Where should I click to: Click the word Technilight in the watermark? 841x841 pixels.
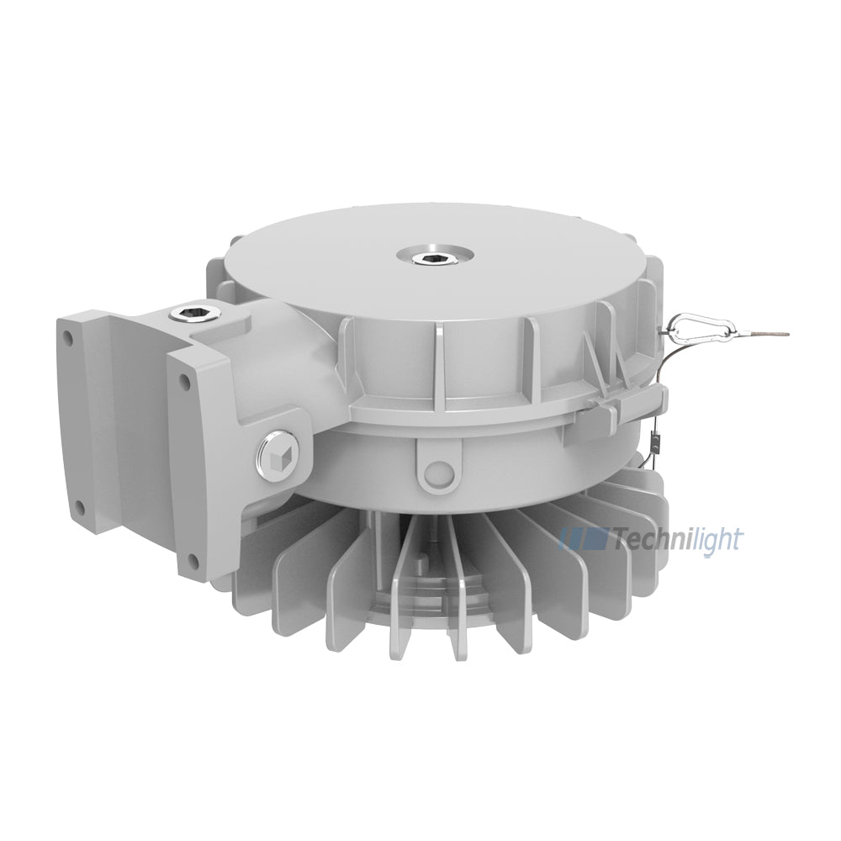[x=679, y=539]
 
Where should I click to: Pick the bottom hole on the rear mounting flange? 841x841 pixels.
[x=81, y=507]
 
